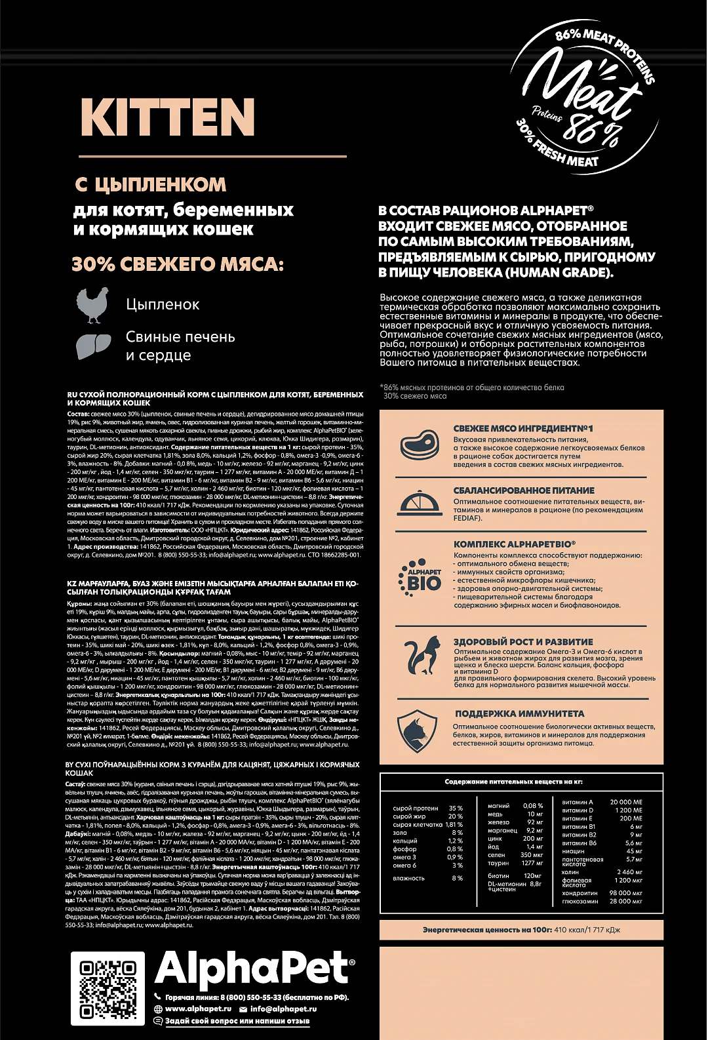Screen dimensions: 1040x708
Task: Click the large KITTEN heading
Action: (x=168, y=117)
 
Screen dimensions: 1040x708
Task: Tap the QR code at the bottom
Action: (x=108, y=989)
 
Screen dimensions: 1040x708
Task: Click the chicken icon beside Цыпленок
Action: (x=92, y=305)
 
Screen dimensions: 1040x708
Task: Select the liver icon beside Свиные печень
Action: (x=94, y=346)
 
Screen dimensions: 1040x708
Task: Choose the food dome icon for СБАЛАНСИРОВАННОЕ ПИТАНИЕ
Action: (x=420, y=503)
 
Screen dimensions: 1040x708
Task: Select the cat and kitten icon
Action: (x=420, y=656)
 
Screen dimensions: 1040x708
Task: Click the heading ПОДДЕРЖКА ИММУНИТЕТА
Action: (x=519, y=713)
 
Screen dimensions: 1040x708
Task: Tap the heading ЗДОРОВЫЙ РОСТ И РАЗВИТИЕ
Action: (x=523, y=642)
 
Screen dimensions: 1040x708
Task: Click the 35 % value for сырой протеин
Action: (x=455, y=809)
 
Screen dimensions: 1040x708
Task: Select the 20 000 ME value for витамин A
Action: (x=626, y=802)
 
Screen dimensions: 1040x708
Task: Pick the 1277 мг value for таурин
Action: (x=532, y=863)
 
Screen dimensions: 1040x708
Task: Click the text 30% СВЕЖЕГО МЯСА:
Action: (x=178, y=264)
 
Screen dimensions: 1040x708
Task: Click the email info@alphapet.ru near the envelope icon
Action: (x=283, y=1009)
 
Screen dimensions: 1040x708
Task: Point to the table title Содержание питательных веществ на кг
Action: (x=513, y=782)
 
